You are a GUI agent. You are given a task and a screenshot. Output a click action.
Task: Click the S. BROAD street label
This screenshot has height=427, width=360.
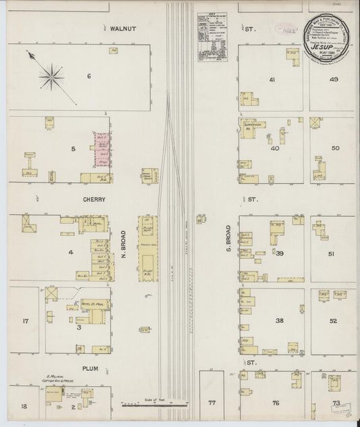coord(229,240)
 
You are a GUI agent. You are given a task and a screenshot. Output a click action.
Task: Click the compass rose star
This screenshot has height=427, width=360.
coord(50,76)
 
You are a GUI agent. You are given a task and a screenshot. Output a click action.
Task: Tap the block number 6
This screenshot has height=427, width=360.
coord(88,75)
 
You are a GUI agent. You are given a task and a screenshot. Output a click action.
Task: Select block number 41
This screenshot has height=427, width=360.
coord(272,80)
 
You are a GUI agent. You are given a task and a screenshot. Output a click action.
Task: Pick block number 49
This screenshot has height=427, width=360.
coord(333,80)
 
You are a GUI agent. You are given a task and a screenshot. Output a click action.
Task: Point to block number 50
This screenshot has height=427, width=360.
coord(334,148)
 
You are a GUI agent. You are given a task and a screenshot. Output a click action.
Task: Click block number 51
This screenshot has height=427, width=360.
coord(332,253)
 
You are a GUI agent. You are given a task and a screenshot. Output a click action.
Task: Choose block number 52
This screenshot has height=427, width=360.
coord(332,321)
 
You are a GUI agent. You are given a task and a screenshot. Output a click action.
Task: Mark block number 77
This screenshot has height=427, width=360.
coord(211,403)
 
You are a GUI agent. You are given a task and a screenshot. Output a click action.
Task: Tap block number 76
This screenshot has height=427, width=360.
coord(276,403)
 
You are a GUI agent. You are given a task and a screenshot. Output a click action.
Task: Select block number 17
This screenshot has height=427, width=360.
coord(25,321)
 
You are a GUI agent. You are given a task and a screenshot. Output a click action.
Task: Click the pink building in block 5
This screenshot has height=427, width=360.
coord(102,149)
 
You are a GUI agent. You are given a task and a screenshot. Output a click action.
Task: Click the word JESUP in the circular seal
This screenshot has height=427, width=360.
coord(330,48)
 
